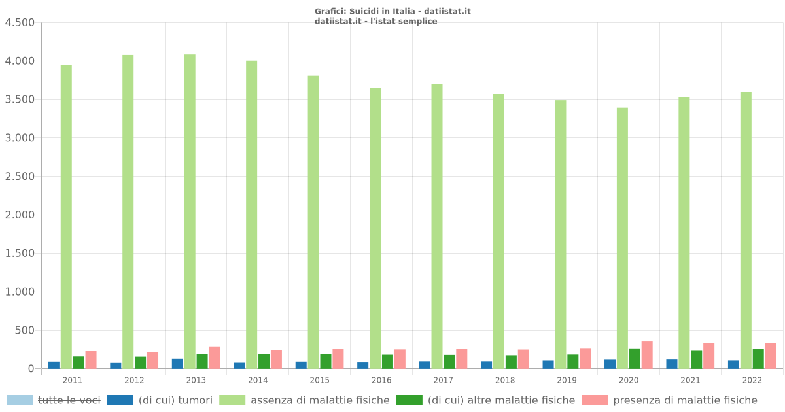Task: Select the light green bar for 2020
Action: (622, 238)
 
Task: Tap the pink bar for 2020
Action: (647, 355)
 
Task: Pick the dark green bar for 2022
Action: (758, 358)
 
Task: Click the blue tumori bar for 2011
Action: (54, 365)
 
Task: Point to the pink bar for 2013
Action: (215, 358)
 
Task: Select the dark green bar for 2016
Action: (387, 362)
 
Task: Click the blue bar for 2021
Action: (672, 364)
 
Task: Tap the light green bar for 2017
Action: (437, 226)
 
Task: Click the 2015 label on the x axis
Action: (319, 380)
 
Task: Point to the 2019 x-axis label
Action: (567, 380)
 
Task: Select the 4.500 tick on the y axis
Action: (20, 23)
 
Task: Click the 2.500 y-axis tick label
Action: (20, 177)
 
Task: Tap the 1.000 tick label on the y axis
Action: (20, 292)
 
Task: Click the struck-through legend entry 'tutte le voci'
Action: (69, 400)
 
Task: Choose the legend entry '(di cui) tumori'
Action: (175, 400)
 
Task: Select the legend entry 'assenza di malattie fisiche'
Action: (320, 400)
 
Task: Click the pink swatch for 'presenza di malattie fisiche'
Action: (594, 400)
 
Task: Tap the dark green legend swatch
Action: (409, 400)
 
